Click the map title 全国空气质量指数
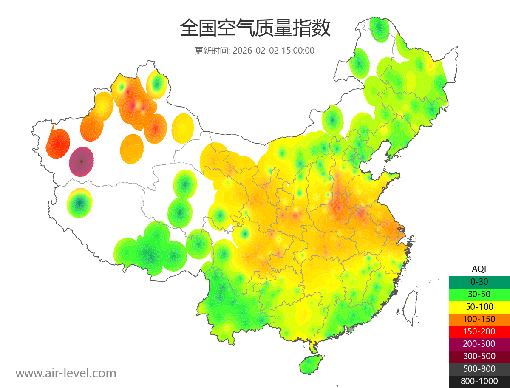[255, 28]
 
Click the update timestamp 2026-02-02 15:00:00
[274, 51]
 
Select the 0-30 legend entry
[479, 281]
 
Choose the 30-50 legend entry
[479, 294]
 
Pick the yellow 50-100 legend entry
[479, 306]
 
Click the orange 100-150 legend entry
[479, 319]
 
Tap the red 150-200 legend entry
[479, 331]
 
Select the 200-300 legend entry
[479, 344]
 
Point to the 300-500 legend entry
[479, 356]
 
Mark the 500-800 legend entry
[479, 368]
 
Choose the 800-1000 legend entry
[479, 381]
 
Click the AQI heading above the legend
[479, 269]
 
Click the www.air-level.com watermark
[66, 373]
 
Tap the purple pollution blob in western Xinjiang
[82, 161]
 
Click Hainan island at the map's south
[311, 365]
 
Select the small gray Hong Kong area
[350, 329]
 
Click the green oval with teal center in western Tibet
[80, 203]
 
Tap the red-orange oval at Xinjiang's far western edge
[58, 144]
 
